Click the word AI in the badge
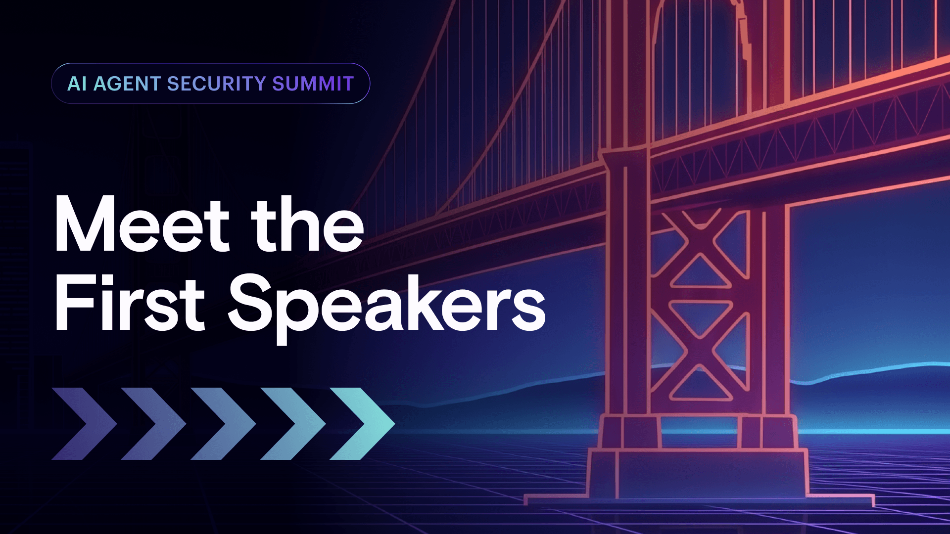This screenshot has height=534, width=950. [x=77, y=84]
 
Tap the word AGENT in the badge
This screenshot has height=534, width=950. [x=127, y=84]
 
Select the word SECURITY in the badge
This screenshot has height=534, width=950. [x=216, y=84]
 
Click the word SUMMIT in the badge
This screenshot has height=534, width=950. [x=313, y=84]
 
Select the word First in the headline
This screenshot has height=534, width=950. [x=130, y=303]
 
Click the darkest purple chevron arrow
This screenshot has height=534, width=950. [x=84, y=424]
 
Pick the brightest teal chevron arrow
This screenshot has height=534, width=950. [x=362, y=424]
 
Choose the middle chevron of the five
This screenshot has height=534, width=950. [x=223, y=424]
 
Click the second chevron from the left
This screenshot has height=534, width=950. [x=153, y=424]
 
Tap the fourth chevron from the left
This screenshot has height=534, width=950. [x=293, y=424]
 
